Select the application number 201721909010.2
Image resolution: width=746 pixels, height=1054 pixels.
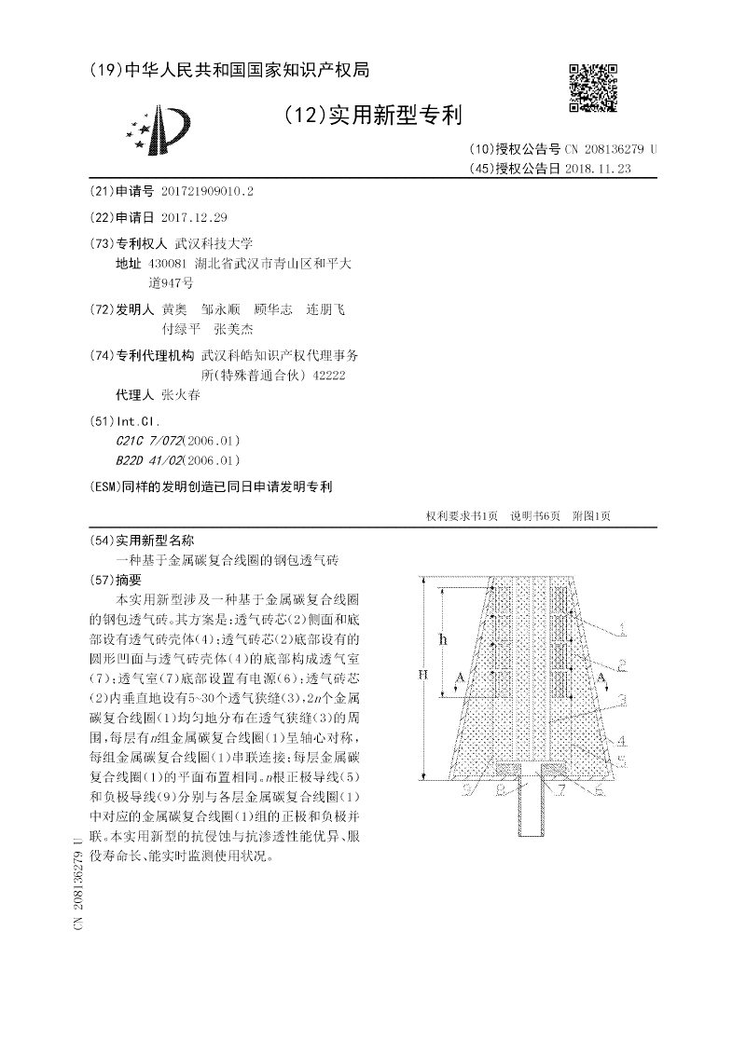coord(207,191)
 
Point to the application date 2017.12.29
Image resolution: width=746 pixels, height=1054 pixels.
coord(194,217)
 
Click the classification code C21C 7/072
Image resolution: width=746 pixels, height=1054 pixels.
coord(148,441)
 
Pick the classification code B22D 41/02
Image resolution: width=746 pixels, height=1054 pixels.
coord(148,459)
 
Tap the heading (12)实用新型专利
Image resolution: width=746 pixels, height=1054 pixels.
coord(372,115)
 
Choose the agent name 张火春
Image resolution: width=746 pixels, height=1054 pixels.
coord(180,394)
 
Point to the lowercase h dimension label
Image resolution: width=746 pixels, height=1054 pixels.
coord(443,639)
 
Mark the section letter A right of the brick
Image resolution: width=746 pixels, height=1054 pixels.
coord(601,673)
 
